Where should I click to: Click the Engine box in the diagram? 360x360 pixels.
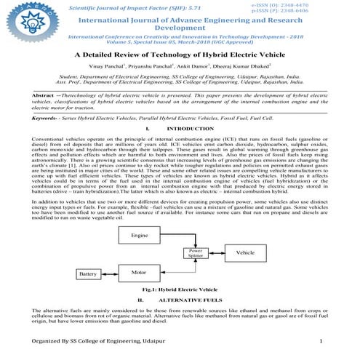pyautogui.click(x=142, y=237)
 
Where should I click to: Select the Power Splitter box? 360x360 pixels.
pyautogui.click(x=194, y=254)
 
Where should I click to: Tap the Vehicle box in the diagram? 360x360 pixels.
pyautogui.click(x=244, y=252)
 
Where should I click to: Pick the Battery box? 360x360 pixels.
pyautogui.click(x=89, y=274)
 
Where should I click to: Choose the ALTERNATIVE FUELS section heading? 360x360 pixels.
pyautogui.click(x=189, y=298)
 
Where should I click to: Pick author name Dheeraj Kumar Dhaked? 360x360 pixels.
pyautogui.click(x=228, y=65)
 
